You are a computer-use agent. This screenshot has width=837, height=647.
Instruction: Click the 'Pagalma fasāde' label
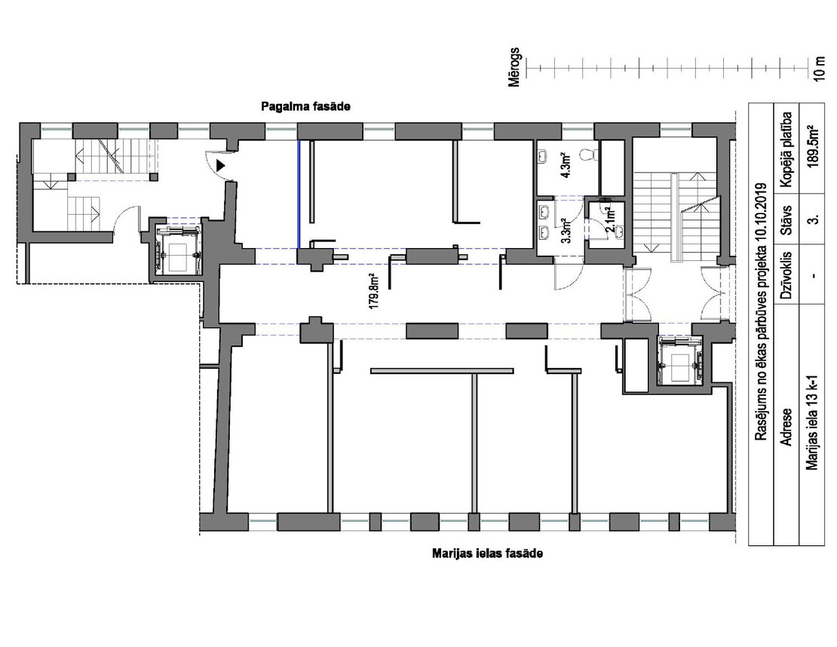(x=305, y=106)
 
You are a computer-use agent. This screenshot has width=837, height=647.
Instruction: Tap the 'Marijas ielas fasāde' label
(x=487, y=553)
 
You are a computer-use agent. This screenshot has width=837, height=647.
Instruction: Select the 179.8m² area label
(x=374, y=292)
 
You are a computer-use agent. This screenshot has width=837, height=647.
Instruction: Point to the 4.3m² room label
(x=566, y=165)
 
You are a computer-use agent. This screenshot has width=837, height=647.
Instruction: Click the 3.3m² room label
(x=567, y=231)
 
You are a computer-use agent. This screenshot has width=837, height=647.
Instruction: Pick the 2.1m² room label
(x=610, y=216)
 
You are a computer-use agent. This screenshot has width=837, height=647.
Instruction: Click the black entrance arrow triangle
(x=220, y=165)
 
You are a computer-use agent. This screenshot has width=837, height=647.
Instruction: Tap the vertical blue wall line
(x=299, y=195)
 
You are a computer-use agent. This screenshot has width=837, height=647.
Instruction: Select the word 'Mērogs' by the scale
(x=514, y=68)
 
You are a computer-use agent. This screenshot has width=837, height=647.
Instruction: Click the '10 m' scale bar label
(x=820, y=69)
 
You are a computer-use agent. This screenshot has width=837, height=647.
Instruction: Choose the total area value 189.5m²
(x=814, y=147)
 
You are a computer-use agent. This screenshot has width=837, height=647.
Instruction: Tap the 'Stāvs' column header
(x=786, y=220)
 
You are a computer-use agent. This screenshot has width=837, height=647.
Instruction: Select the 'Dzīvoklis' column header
(x=786, y=274)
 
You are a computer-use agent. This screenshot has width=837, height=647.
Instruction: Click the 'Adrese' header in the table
(x=786, y=427)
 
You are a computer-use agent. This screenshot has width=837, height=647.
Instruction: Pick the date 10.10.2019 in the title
(x=761, y=212)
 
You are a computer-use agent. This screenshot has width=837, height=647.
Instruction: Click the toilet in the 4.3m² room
(x=587, y=155)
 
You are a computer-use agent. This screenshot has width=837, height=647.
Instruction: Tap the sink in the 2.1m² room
(x=619, y=232)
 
